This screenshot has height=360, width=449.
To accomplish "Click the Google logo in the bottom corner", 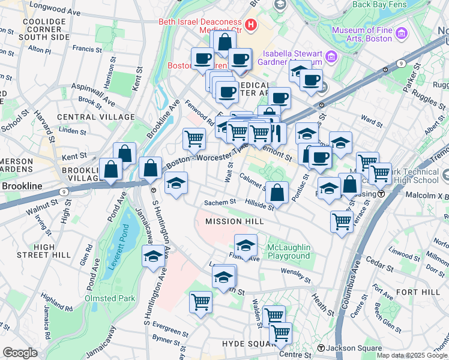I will pos(20,353).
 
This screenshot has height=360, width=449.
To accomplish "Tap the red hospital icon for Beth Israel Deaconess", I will pos(251,26).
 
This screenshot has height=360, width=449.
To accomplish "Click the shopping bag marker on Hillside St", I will pos(277,193).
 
